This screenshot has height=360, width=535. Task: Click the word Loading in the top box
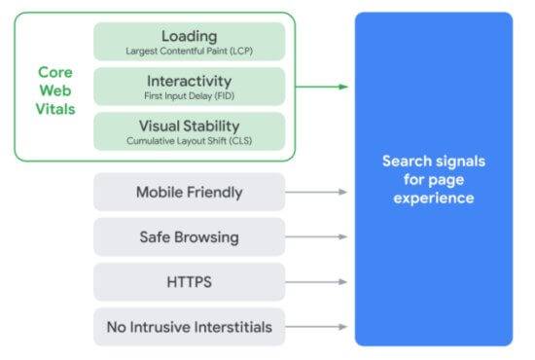pos(189,36)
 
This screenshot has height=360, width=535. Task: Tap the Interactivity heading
pos(189,80)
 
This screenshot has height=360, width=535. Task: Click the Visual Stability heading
pos(189,125)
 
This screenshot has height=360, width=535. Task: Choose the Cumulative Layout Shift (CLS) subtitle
pos(189,139)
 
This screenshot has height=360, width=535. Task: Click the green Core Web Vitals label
pos(55,90)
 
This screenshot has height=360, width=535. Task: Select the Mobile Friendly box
pos(189,192)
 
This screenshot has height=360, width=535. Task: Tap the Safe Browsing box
pos(189,236)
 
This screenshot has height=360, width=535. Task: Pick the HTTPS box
pos(189,281)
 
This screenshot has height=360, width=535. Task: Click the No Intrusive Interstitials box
pos(189,326)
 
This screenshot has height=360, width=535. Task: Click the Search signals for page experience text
pos(433,179)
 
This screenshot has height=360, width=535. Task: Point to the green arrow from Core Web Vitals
pos(321,87)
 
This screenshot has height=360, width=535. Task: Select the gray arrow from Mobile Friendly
pos(317,192)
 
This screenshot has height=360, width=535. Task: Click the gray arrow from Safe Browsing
pos(317,236)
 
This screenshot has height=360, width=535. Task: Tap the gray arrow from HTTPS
pos(317,281)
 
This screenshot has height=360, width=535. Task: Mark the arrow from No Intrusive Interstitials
pos(317,326)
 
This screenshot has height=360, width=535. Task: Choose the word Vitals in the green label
pos(55,108)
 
